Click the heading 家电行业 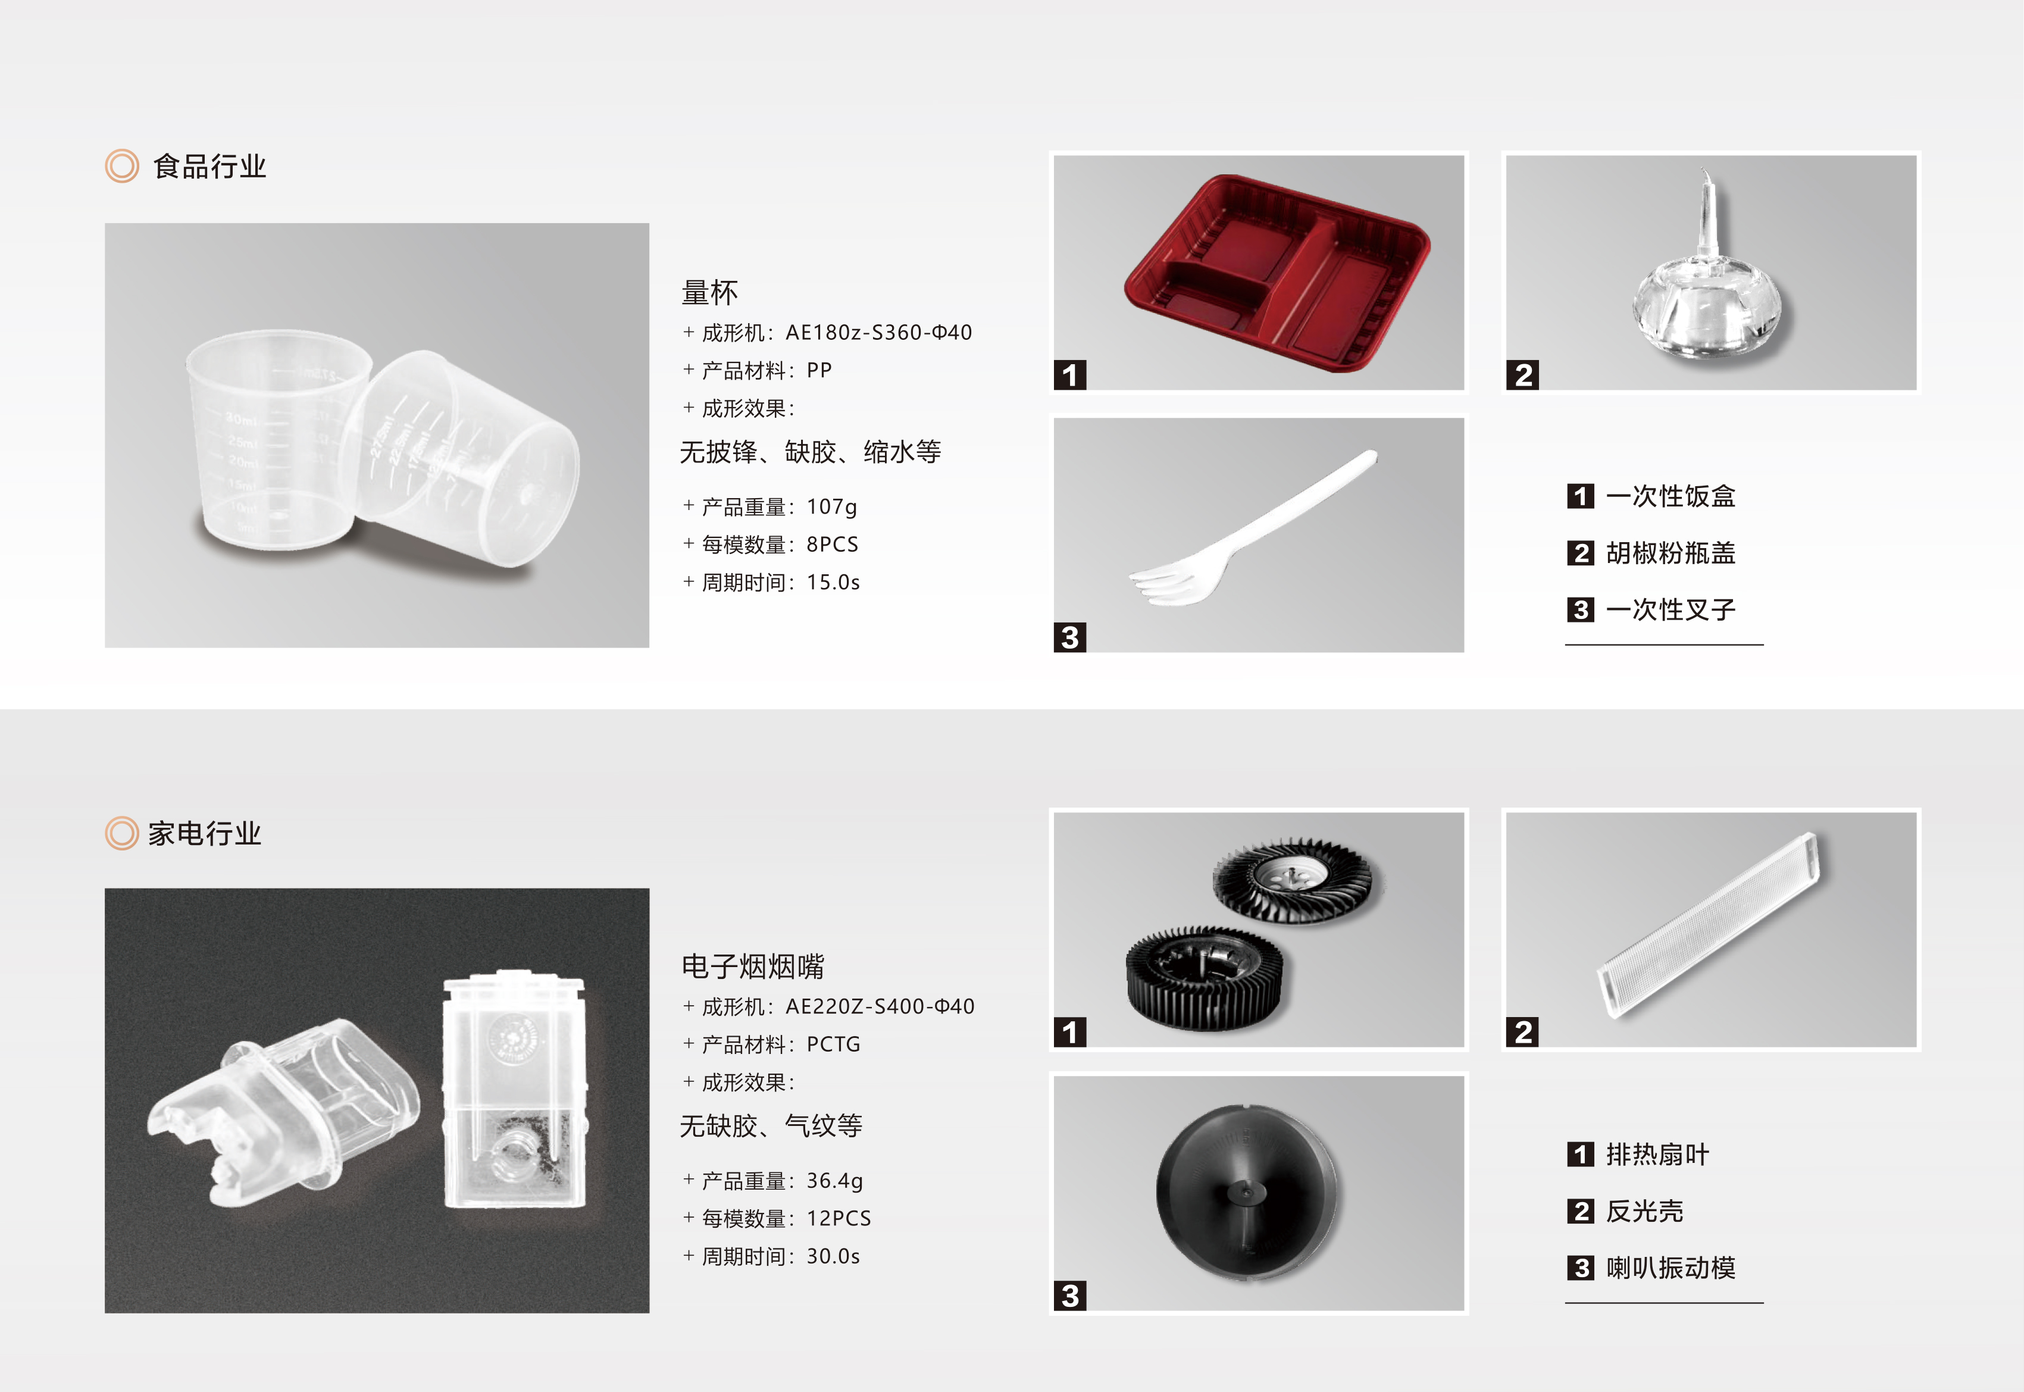(x=204, y=834)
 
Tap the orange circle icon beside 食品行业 (x=122, y=165)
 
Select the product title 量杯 (x=710, y=293)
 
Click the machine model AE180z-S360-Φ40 (x=878, y=332)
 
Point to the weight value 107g (x=832, y=506)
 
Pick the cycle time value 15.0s (x=833, y=582)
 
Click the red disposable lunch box (x=1276, y=273)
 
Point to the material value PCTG (x=833, y=1044)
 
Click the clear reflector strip (x=1709, y=926)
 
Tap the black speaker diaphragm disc (x=1247, y=1192)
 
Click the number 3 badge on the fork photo (x=1070, y=637)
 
